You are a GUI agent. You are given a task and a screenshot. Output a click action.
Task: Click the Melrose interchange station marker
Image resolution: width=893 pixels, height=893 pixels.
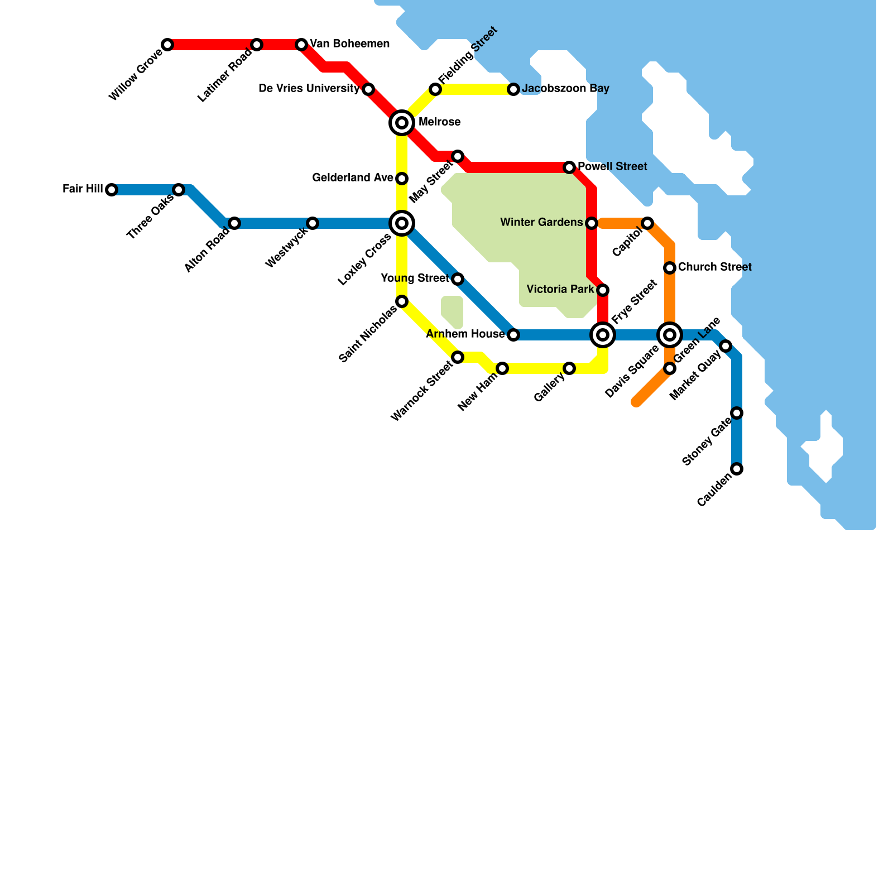coord(402,123)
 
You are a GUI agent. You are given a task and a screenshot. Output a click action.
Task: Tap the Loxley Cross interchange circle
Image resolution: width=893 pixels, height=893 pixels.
coord(402,223)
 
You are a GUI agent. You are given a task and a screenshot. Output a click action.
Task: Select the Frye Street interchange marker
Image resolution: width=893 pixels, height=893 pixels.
coord(603,335)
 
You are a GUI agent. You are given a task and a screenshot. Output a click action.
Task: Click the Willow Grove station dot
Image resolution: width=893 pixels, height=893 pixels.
coord(167,45)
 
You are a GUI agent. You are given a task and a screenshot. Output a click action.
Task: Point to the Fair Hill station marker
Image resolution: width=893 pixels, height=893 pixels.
coord(112,190)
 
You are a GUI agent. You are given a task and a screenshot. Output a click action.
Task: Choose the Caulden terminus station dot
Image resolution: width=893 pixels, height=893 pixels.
coord(737,469)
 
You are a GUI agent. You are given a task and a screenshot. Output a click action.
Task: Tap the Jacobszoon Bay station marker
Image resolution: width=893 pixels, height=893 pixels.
coord(513,89)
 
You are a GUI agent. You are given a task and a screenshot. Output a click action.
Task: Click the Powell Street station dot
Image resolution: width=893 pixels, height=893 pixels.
coord(569,167)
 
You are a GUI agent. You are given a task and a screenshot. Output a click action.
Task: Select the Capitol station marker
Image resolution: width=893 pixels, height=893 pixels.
coord(647,223)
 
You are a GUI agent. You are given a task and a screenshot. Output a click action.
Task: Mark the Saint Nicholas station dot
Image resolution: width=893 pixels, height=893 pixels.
coord(402,301)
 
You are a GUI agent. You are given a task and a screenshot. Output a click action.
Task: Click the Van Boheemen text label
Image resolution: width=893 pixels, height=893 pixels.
coord(349,44)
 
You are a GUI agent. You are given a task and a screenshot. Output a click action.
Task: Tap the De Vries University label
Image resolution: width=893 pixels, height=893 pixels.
coord(309,89)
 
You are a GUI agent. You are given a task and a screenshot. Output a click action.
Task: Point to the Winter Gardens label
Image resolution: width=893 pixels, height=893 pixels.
coord(541,223)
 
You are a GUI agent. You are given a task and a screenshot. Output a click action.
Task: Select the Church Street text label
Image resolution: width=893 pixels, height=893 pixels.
coord(714,267)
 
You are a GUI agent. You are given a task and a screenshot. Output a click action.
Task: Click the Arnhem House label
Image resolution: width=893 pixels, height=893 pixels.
coord(465,334)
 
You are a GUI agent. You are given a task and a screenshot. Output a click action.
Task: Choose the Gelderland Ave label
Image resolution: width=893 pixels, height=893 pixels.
coord(352,178)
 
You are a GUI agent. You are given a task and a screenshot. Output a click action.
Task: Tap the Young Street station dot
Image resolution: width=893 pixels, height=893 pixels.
coord(458,279)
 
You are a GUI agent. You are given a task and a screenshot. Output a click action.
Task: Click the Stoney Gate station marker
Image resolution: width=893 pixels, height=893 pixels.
coord(737,413)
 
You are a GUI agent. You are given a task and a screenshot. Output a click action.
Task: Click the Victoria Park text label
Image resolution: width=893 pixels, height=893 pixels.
coord(560,290)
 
